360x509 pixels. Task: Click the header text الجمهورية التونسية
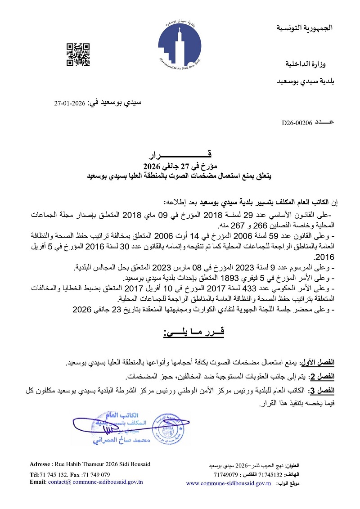[304, 28]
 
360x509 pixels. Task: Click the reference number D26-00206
[297, 122]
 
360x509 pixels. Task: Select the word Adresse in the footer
[40, 464]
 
